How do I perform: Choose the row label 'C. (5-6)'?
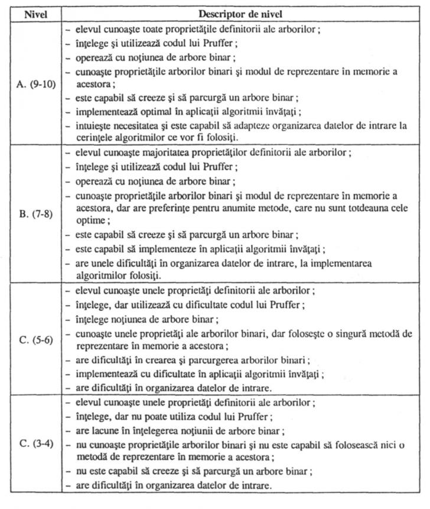[x=35, y=341]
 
